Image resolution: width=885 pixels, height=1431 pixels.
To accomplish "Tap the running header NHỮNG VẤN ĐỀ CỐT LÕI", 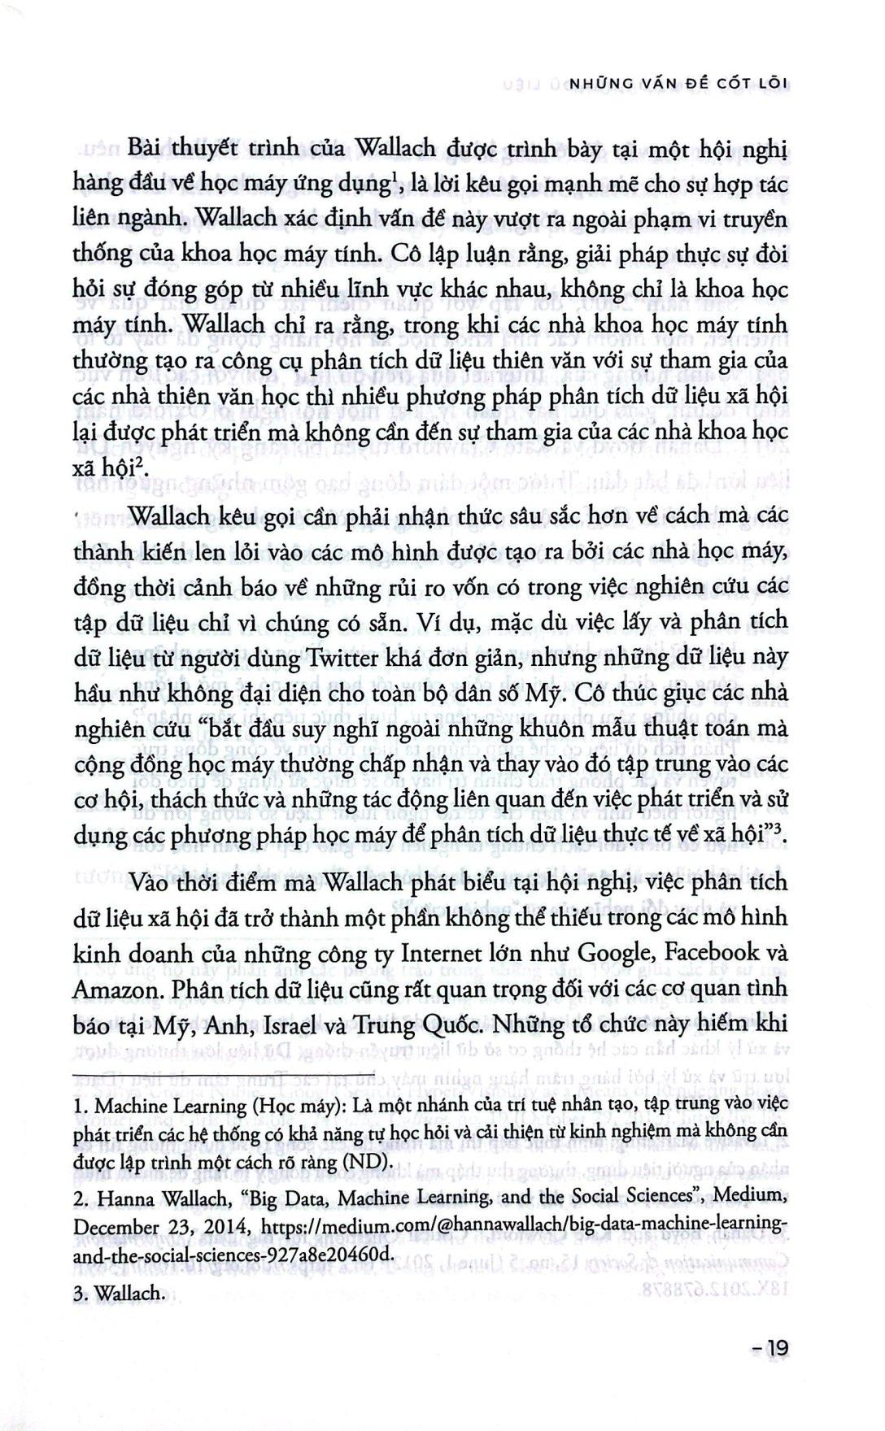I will pyautogui.click(x=678, y=83).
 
